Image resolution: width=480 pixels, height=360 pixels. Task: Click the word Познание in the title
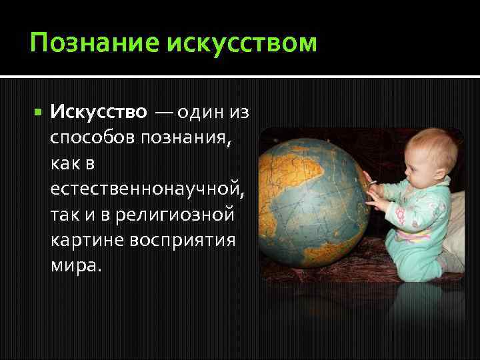click(93, 44)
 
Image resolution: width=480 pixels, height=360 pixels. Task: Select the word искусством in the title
click(242, 44)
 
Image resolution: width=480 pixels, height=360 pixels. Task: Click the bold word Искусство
click(98, 112)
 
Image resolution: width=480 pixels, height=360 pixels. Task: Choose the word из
click(239, 112)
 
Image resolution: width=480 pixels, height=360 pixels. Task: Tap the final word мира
click(75, 265)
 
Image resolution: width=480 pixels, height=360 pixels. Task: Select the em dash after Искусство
click(163, 112)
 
